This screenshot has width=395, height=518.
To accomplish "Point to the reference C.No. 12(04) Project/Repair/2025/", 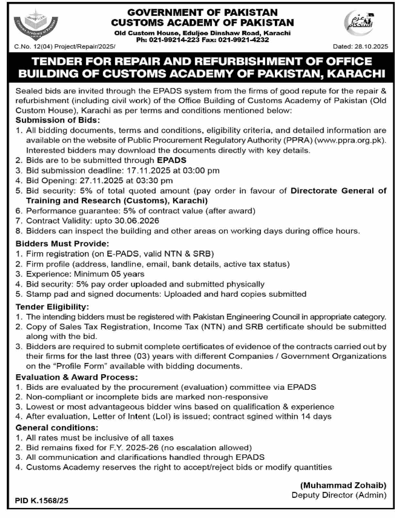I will [x=65, y=47].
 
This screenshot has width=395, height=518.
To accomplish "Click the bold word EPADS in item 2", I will [x=172, y=161].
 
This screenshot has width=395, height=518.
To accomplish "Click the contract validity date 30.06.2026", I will [x=137, y=221].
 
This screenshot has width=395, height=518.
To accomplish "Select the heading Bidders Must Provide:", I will [x=62, y=244].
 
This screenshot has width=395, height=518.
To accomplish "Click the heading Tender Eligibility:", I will [x=52, y=306].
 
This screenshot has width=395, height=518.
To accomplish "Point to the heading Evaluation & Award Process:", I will [x=77, y=377].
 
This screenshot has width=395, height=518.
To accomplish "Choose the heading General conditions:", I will [x=57, y=428].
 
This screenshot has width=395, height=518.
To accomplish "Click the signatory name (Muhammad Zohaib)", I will [x=343, y=485].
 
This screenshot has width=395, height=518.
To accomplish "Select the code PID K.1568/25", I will [x=42, y=501].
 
